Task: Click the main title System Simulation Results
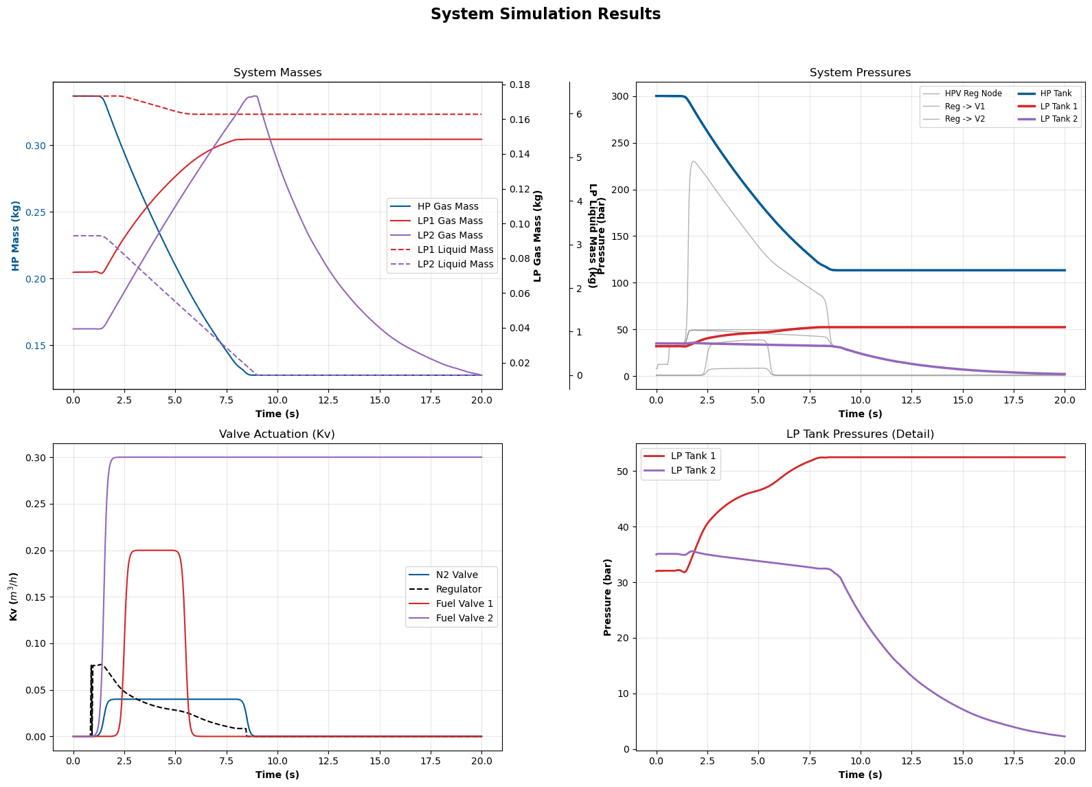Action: click(x=545, y=14)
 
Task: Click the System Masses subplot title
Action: click(x=277, y=73)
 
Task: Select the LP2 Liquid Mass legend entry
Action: click(x=455, y=265)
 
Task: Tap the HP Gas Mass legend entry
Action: click(x=447, y=206)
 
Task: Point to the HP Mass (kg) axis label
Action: click(x=16, y=236)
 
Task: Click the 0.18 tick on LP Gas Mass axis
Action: click(x=520, y=85)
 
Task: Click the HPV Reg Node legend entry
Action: click(x=972, y=93)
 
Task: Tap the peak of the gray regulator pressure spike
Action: click(x=694, y=162)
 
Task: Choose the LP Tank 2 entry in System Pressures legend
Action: click(x=1058, y=119)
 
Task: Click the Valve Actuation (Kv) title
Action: click(x=277, y=434)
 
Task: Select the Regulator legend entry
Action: click(x=458, y=589)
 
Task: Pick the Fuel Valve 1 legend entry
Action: click(x=464, y=603)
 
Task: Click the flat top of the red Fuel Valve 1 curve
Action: click(x=155, y=550)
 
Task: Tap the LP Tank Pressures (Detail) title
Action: click(x=860, y=434)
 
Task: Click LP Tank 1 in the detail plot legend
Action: click(x=692, y=456)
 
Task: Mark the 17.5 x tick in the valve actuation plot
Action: click(x=431, y=762)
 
